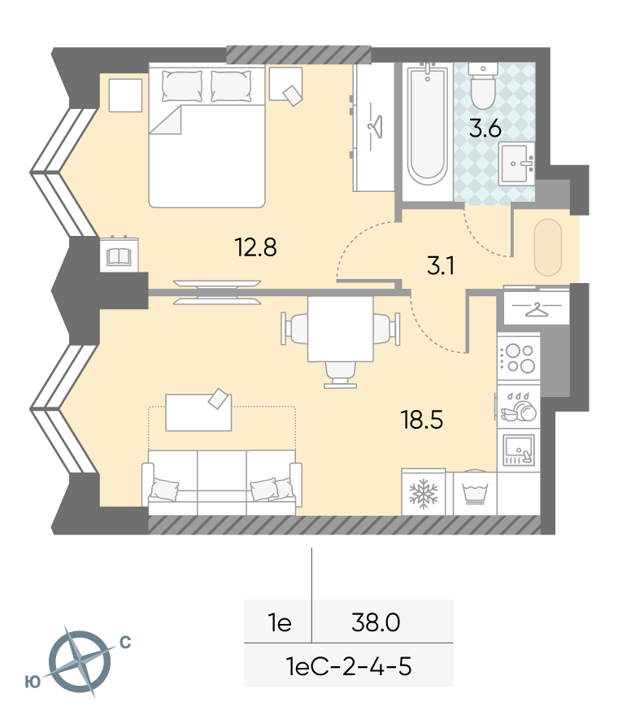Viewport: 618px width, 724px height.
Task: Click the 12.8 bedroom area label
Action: (255, 247)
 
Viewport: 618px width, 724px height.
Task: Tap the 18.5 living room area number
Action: (422, 421)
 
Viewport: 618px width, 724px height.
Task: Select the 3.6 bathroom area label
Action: (485, 129)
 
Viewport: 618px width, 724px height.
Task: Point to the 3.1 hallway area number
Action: (442, 266)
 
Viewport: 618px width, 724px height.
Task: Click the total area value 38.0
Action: (376, 622)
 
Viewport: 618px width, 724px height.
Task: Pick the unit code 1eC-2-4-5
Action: (349, 667)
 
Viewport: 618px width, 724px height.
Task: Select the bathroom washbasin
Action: (517, 164)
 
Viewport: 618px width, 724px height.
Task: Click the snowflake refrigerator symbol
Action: (423, 493)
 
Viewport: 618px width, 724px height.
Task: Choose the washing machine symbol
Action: (475, 493)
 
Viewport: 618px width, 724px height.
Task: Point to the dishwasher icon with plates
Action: (519, 407)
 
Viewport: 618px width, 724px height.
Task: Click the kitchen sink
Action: (518, 449)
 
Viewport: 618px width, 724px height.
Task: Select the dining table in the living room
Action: (340, 329)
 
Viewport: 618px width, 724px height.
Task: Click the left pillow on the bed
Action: (182, 86)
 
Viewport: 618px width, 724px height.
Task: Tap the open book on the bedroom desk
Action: (119, 257)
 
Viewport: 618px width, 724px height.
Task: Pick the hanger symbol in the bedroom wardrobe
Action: (375, 125)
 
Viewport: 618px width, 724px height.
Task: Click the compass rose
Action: (80, 661)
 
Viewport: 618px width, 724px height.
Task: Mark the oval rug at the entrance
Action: (548, 247)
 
